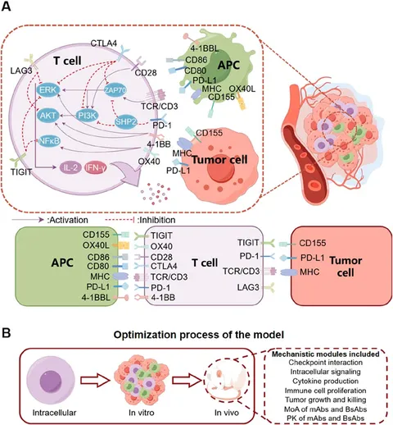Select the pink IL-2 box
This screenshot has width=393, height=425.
70,167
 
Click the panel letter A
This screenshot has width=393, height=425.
8,7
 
